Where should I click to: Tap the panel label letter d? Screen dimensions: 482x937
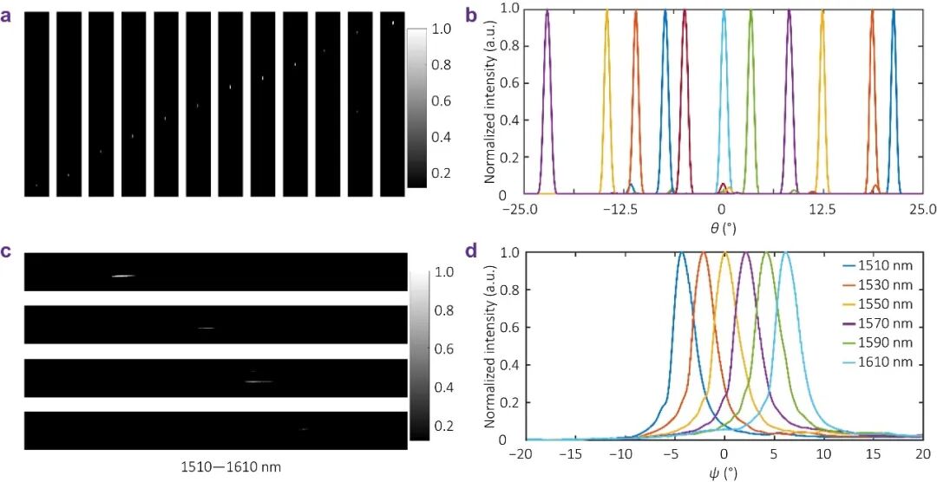tap(472, 252)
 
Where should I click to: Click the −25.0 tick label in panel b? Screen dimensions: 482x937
tap(519, 209)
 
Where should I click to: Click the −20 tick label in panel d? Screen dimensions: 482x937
tap(521, 455)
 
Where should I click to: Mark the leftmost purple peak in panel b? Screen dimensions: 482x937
tap(547, 11)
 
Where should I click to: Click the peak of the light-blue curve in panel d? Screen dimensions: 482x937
tap(785, 253)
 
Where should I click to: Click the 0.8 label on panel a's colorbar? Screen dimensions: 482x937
tap(442, 65)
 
